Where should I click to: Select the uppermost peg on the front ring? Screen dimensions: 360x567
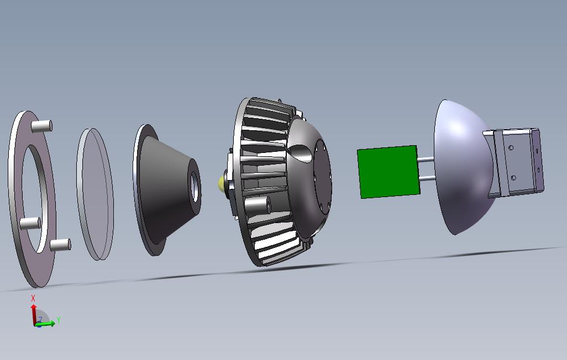[x=41, y=126]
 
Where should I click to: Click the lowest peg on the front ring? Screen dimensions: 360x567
[x=59, y=244]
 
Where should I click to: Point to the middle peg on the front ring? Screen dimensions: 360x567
[x=30, y=223]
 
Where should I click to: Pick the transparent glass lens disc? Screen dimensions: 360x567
[x=95, y=193]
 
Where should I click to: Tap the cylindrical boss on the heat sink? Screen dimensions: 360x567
[x=258, y=206]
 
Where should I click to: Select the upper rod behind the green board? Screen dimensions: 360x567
[x=426, y=160]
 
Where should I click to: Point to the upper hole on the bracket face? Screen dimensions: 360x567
[x=512, y=148]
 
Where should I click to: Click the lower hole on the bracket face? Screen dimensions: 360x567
[x=514, y=177]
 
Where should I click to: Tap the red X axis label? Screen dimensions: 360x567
[x=33, y=298]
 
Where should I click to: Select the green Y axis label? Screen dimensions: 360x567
[x=59, y=320]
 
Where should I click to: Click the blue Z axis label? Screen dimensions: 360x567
[x=40, y=319]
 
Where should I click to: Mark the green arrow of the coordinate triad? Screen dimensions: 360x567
[x=47, y=324]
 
